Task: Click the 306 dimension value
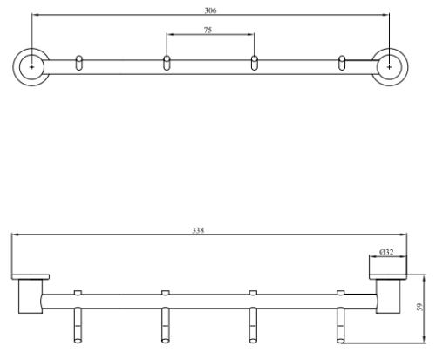click(210, 10)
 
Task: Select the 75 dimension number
click(208, 30)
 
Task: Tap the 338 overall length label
click(198, 230)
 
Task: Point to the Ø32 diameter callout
click(386, 252)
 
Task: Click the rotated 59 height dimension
click(419, 307)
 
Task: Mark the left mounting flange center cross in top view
click(31, 67)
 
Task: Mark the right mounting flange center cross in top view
click(390, 67)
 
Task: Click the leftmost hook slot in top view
click(78, 63)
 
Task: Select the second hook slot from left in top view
click(167, 63)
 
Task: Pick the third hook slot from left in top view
click(255, 63)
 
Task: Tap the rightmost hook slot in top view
click(342, 63)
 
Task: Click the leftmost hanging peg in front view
click(78, 325)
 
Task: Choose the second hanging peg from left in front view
click(166, 325)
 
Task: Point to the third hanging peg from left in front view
click(253, 325)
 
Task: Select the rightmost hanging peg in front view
click(341, 325)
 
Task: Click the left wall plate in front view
click(31, 277)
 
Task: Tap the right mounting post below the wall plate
click(388, 296)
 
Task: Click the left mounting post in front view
click(31, 296)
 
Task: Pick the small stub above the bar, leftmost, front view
click(78, 293)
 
